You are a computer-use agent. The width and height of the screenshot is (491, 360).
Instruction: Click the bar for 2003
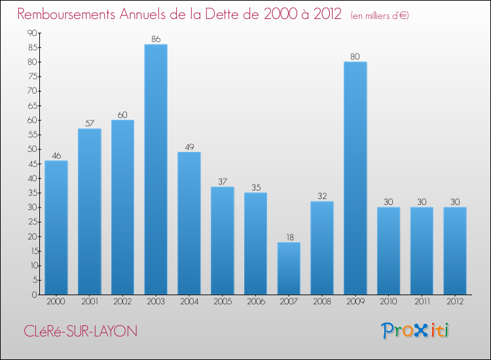click(x=156, y=170)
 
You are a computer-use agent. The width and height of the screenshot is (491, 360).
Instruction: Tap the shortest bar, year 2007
click(x=289, y=268)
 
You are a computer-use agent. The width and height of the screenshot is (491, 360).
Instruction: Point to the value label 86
click(x=156, y=39)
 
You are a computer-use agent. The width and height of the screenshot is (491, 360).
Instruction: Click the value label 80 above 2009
click(x=355, y=57)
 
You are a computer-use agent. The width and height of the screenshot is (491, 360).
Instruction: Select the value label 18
click(x=289, y=237)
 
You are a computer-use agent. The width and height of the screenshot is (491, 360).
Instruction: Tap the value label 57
click(x=89, y=124)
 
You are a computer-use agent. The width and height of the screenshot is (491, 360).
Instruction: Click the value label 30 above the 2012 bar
click(x=455, y=202)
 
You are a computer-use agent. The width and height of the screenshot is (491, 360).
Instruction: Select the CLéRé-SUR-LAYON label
click(x=78, y=331)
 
